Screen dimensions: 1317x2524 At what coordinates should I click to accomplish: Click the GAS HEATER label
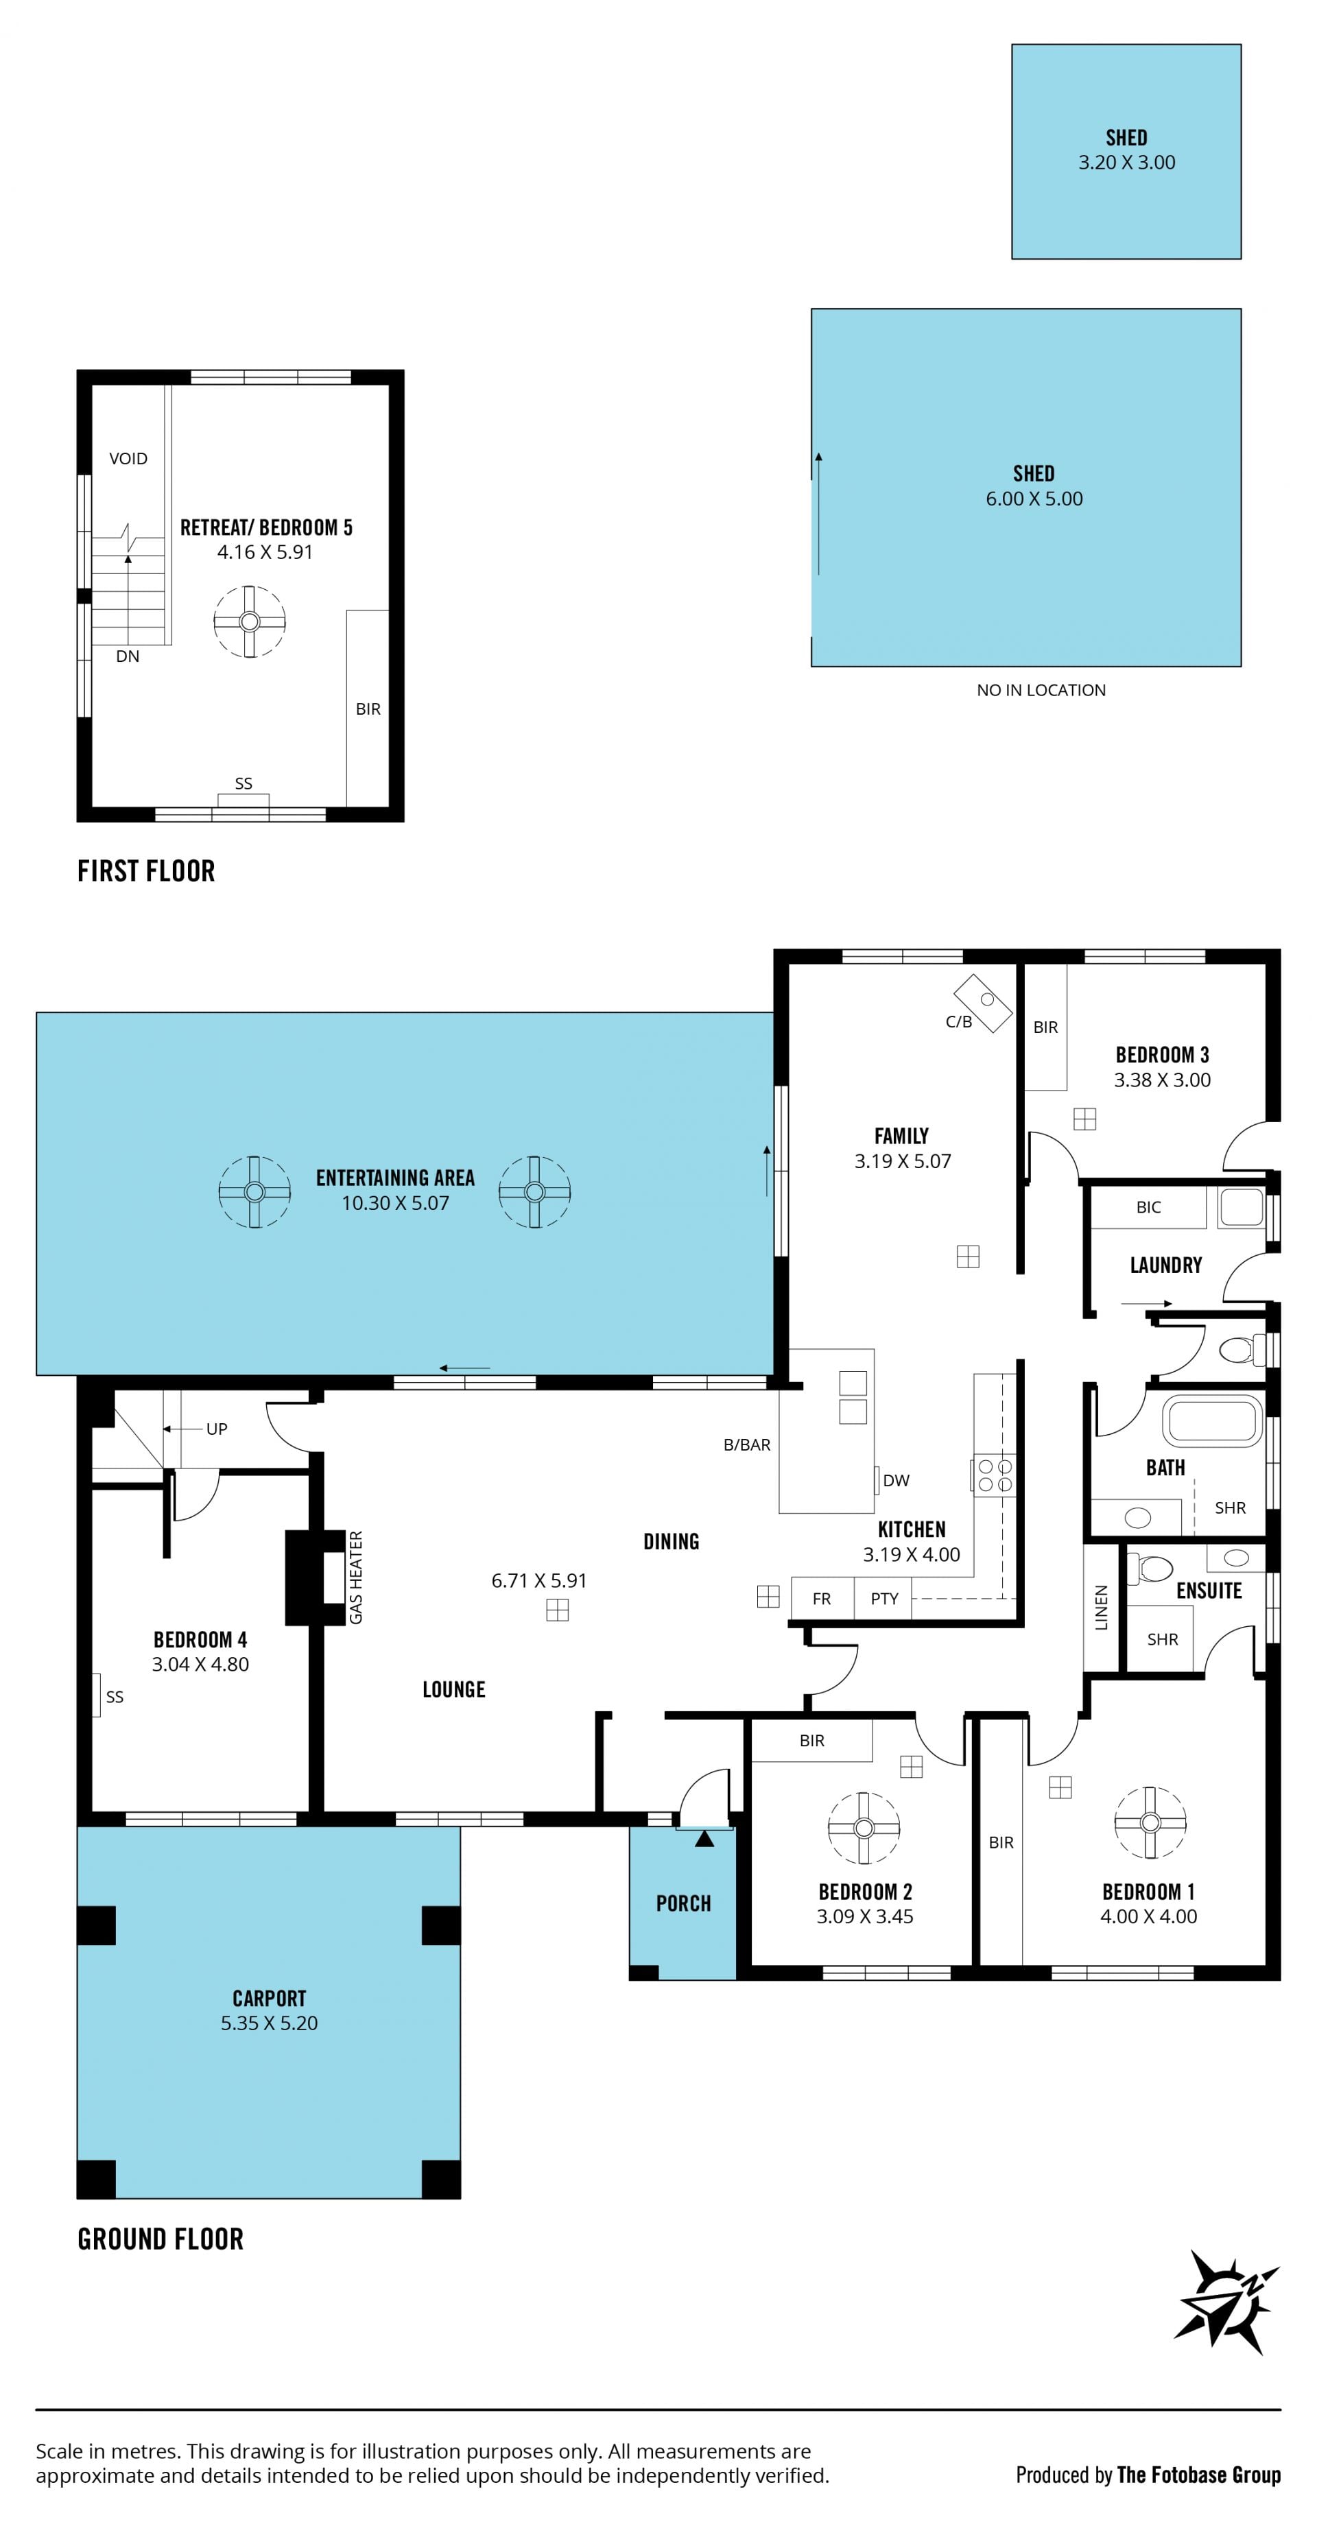pyautogui.click(x=356, y=1577)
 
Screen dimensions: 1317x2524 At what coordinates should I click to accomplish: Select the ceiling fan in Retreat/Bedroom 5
pyautogui.click(x=249, y=621)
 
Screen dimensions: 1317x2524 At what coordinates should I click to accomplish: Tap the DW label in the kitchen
pyautogui.click(x=896, y=1481)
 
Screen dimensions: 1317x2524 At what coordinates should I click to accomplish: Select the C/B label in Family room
pyautogui.click(x=958, y=1022)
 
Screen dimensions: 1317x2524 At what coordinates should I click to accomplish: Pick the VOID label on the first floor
pyautogui.click(x=128, y=459)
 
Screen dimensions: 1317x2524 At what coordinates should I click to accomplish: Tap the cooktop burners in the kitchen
pyautogui.click(x=995, y=1475)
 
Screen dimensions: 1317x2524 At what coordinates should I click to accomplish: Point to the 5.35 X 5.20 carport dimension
pyautogui.click(x=270, y=2023)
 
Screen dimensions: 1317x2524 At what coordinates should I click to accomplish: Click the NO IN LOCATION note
pyautogui.click(x=1041, y=690)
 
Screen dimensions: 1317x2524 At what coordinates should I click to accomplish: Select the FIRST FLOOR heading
pyautogui.click(x=146, y=871)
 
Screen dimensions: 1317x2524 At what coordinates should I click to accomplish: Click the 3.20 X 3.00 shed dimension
pyautogui.click(x=1127, y=163)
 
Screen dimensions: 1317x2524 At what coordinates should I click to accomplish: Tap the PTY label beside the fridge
pyautogui.click(x=884, y=1598)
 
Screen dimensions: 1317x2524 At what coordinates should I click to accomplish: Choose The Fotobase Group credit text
pyautogui.click(x=1198, y=2475)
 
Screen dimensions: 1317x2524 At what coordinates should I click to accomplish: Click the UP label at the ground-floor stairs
pyautogui.click(x=217, y=1429)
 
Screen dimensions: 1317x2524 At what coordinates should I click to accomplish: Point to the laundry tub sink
pyautogui.click(x=1242, y=1207)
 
